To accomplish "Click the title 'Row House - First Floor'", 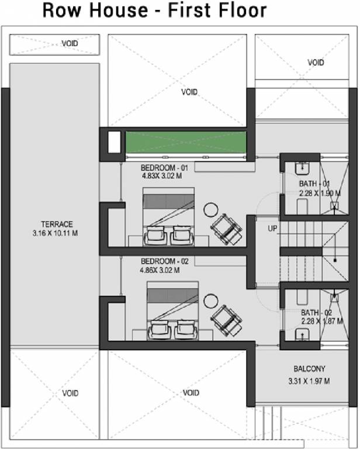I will [x=154, y=11].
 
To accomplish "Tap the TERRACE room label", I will [x=57, y=224].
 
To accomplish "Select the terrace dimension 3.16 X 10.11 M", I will [x=56, y=233].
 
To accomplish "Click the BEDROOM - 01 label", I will [x=163, y=168].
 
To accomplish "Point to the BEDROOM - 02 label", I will [x=163, y=261].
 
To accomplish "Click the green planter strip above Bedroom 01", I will [x=186, y=143].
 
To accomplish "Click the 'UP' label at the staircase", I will [x=272, y=228].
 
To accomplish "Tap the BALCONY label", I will [x=309, y=369].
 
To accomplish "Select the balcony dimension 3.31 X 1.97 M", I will [x=309, y=381].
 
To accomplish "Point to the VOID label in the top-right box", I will [x=316, y=62].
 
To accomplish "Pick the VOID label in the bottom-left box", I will [x=70, y=393].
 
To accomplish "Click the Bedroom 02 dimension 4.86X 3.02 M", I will [x=160, y=271].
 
